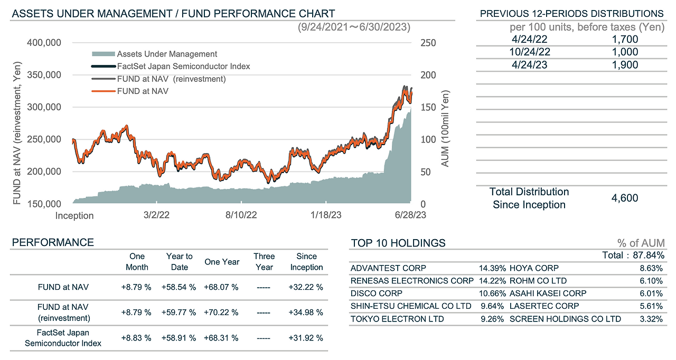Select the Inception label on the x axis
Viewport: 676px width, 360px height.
coord(74,215)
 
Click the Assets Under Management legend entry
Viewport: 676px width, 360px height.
coord(167,54)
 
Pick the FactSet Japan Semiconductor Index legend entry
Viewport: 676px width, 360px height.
coord(183,67)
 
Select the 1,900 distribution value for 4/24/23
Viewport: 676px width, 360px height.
coord(625,65)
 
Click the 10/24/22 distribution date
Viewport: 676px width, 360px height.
coord(530,52)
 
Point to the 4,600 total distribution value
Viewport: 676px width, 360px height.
coord(625,198)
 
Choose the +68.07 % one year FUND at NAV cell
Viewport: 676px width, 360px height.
coord(221,287)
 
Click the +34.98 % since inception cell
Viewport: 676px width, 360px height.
coord(306,312)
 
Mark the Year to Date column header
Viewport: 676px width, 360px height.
coord(179,261)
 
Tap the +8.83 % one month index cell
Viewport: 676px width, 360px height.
coord(136,337)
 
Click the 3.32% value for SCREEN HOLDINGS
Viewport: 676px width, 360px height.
coord(652,319)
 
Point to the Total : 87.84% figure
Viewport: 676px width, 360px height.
coord(633,255)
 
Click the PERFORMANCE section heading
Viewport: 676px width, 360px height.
coord(53,243)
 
